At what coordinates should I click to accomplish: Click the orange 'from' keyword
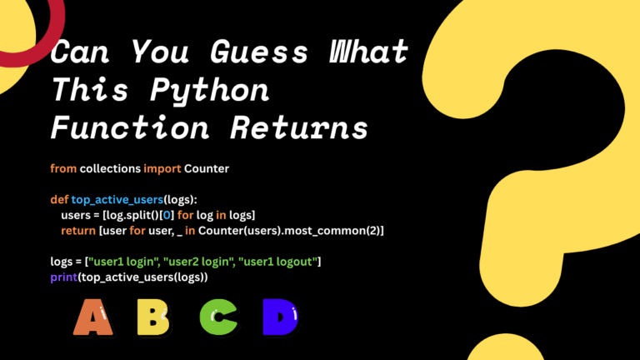click(63, 168)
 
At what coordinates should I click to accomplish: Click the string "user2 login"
click(197, 262)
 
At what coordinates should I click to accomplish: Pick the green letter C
click(217, 317)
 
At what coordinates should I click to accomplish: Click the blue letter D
click(279, 317)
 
